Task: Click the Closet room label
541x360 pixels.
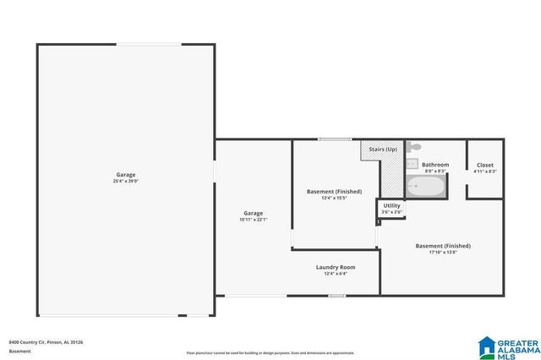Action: (x=485, y=165)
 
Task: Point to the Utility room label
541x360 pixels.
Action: (x=391, y=205)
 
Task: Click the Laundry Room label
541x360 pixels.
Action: (x=336, y=267)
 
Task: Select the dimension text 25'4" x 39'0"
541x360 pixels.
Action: (x=125, y=181)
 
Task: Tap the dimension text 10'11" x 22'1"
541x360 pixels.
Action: (x=253, y=220)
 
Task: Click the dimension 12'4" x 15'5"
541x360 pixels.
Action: (x=334, y=198)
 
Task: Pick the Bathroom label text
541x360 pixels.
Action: (x=435, y=165)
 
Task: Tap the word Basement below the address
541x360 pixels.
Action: (x=19, y=350)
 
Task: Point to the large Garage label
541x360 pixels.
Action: (x=125, y=175)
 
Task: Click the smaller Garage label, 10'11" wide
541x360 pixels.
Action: (x=253, y=213)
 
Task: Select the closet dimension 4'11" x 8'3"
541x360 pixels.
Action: (x=485, y=171)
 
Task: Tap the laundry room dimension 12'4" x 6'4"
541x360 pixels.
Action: (x=336, y=274)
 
